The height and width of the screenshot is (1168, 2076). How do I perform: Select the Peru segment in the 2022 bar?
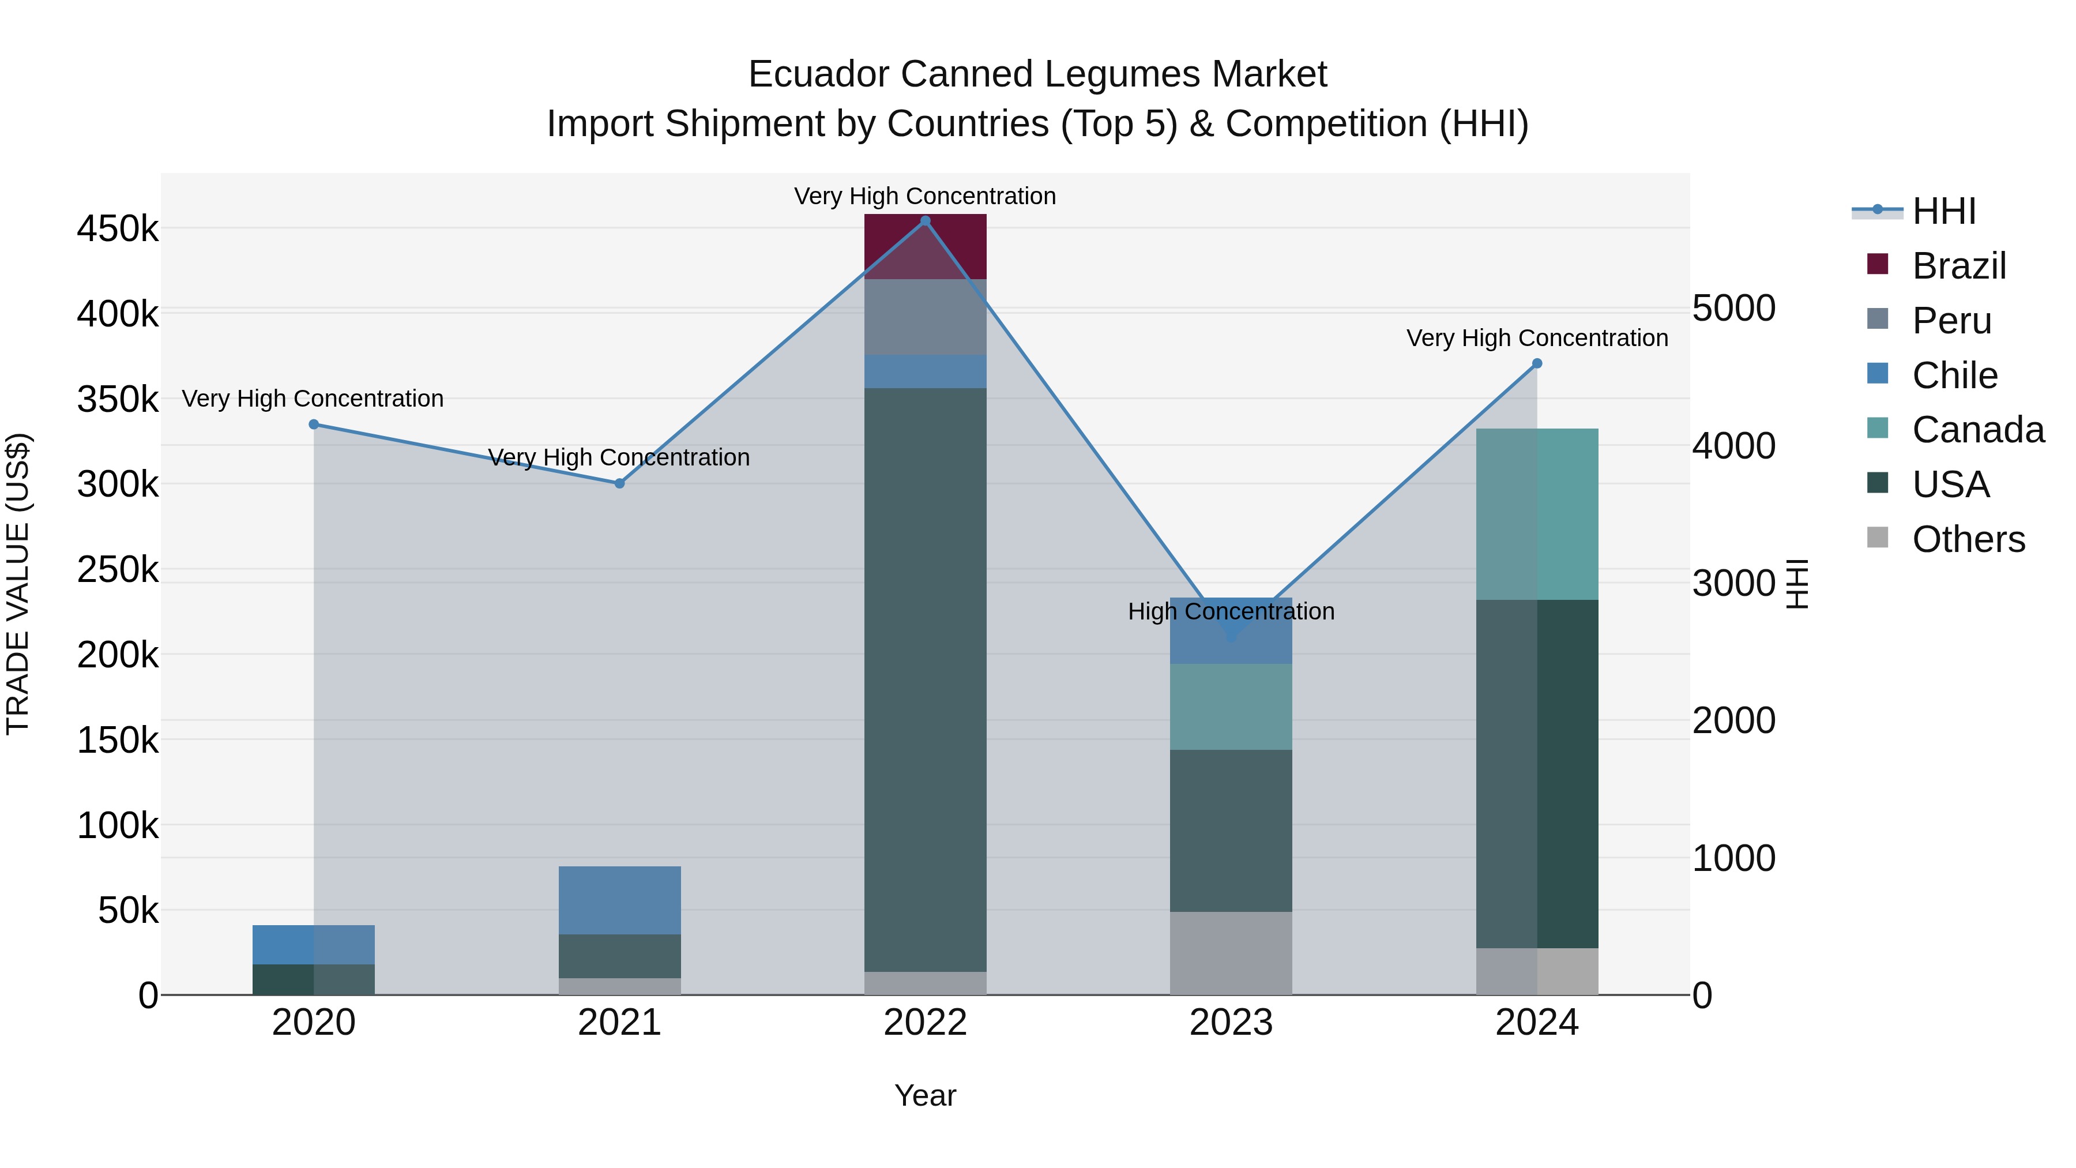click(925, 317)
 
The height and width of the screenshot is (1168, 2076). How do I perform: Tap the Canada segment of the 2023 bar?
click(1231, 707)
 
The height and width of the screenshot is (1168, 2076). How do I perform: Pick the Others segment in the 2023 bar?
click(1231, 953)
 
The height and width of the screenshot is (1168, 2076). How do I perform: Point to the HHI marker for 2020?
click(314, 425)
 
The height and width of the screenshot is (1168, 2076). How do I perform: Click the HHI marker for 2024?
click(1537, 363)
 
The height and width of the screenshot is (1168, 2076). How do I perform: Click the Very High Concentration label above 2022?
click(924, 196)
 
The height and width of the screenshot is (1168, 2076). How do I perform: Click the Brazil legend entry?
click(1958, 266)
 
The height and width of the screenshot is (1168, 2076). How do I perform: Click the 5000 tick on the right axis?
click(1733, 308)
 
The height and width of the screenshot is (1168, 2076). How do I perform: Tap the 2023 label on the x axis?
click(1231, 1023)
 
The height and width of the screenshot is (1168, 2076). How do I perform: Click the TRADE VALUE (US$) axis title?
click(18, 584)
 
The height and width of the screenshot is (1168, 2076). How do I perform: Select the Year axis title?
click(924, 1095)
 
